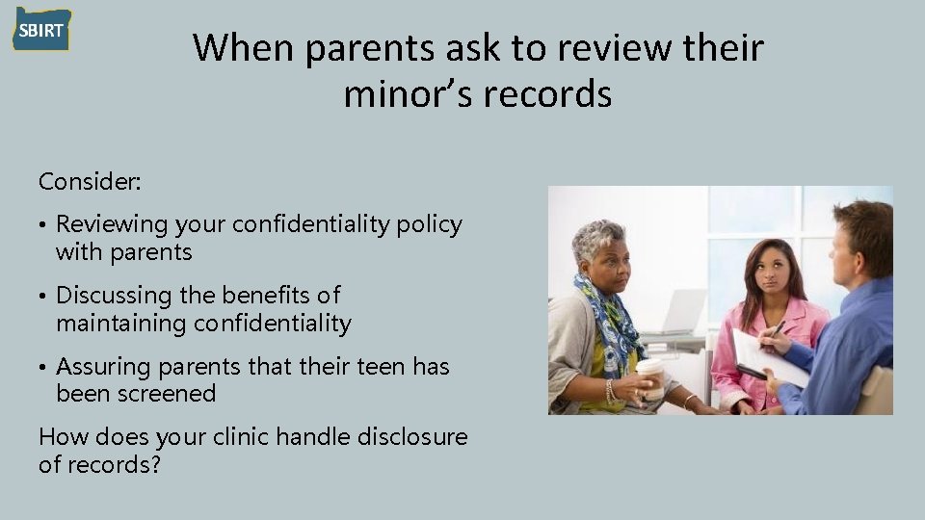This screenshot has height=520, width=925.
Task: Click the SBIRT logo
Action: pos(41,30)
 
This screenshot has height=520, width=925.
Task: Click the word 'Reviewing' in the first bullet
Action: pos(112,224)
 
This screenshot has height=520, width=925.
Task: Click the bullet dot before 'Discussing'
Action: pos(43,296)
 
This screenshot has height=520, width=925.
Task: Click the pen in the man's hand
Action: pos(774,330)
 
